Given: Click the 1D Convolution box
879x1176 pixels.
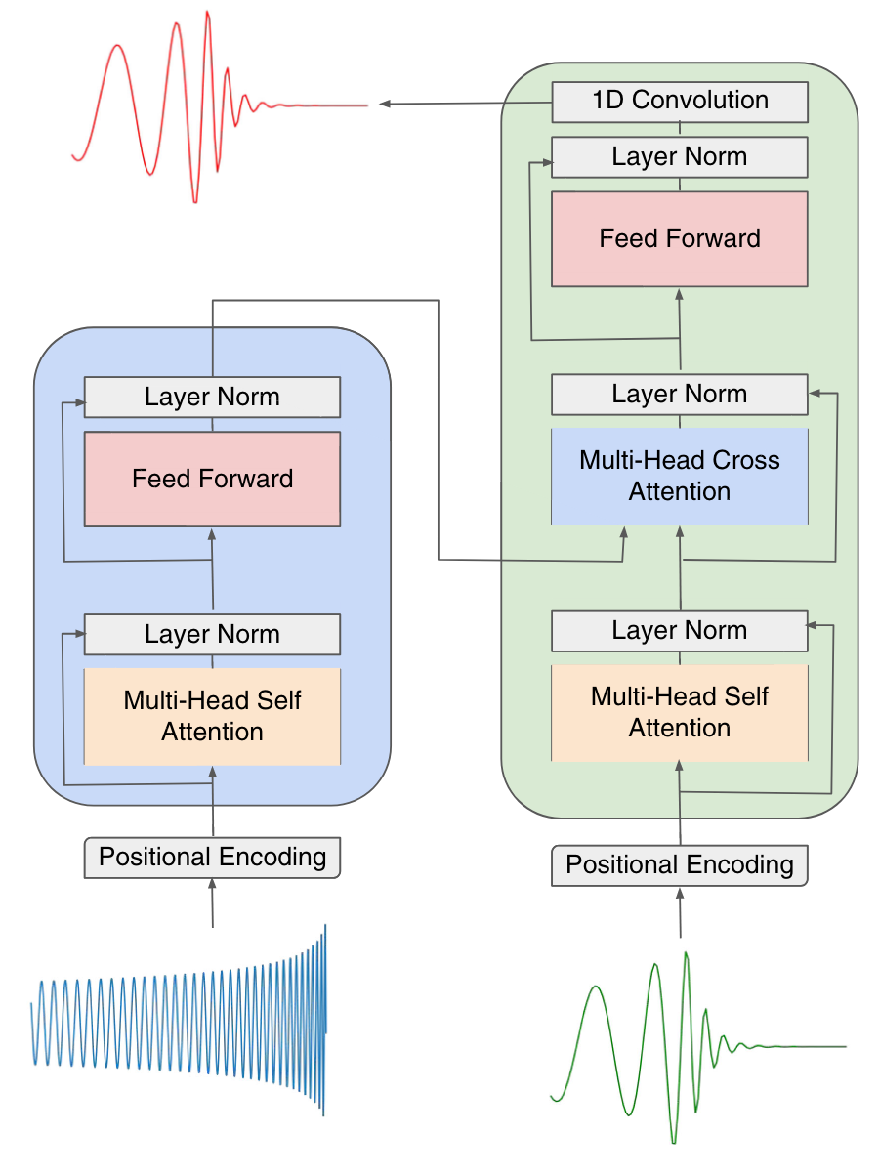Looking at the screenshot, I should (x=680, y=102).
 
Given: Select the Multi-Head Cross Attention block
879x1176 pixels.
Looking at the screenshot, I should (x=680, y=476).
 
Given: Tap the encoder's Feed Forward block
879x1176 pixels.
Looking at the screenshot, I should (x=212, y=479).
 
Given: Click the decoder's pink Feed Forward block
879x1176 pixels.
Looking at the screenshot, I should (x=680, y=239).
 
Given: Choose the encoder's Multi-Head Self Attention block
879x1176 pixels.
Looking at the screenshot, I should (x=212, y=716).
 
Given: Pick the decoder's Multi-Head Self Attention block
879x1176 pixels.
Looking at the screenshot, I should (x=680, y=712).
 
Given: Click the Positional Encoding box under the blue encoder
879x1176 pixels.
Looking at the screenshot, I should (x=212, y=857).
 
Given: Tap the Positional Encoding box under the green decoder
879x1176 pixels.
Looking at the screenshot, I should (x=680, y=864).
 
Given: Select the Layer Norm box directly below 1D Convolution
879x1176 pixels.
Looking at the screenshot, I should (x=680, y=156).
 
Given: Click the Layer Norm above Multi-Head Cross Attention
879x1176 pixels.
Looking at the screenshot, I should (x=680, y=394).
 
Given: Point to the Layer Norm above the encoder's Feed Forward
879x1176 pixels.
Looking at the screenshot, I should (x=212, y=397).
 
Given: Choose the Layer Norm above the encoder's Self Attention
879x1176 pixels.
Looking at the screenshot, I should (x=212, y=634).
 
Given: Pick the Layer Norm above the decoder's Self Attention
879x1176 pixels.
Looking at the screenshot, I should (x=680, y=630).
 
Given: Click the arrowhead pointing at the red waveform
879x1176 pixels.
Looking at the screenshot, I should (x=385, y=104).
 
